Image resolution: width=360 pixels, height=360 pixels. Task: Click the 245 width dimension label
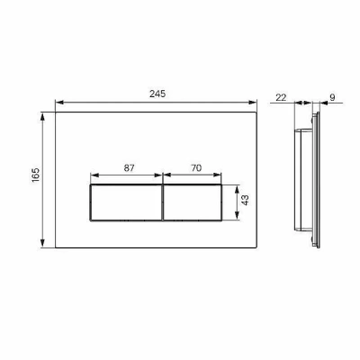[x=157, y=94]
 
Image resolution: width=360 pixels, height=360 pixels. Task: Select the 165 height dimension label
[x=35, y=175]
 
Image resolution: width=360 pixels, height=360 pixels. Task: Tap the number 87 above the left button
[x=130, y=168]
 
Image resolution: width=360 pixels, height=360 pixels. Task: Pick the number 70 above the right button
[x=196, y=168]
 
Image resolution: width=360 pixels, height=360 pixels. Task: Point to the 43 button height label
[x=245, y=200]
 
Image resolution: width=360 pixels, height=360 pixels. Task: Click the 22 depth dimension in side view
[x=281, y=97]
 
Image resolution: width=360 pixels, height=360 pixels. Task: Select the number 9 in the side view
[x=332, y=97]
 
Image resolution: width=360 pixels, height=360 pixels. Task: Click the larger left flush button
[x=126, y=202]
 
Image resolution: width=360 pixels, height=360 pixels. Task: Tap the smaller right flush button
[x=193, y=202]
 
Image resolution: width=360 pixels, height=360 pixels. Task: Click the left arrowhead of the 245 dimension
[x=59, y=103]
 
